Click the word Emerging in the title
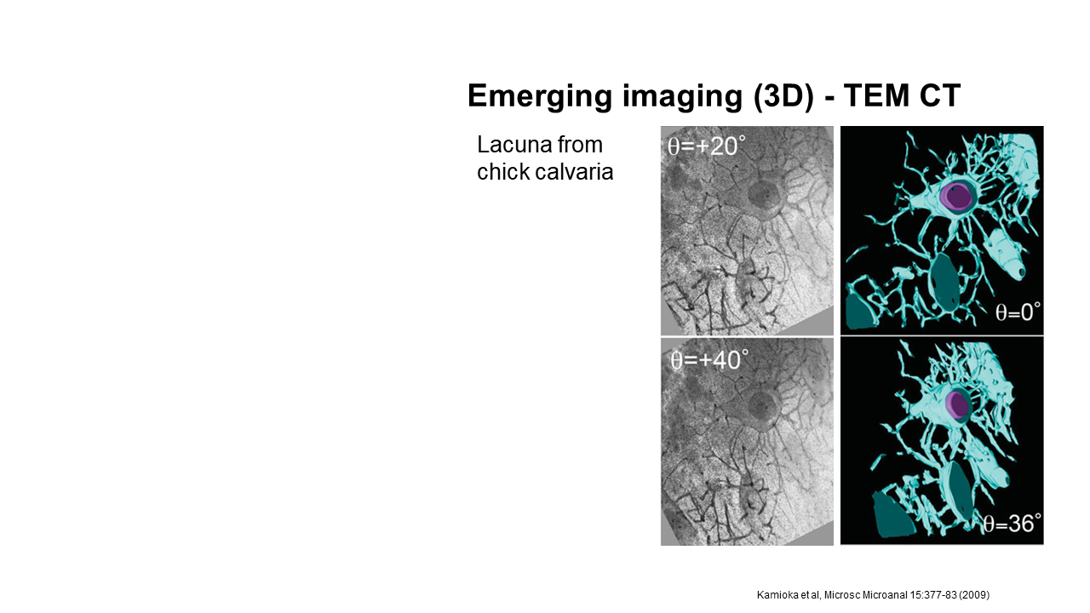tap(540, 97)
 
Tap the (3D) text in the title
tap(783, 96)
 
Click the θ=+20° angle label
tap(706, 146)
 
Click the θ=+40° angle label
tap(709, 360)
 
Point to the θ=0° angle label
tap(1018, 312)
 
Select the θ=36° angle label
tap(1013, 524)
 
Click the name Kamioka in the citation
tap(775, 594)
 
